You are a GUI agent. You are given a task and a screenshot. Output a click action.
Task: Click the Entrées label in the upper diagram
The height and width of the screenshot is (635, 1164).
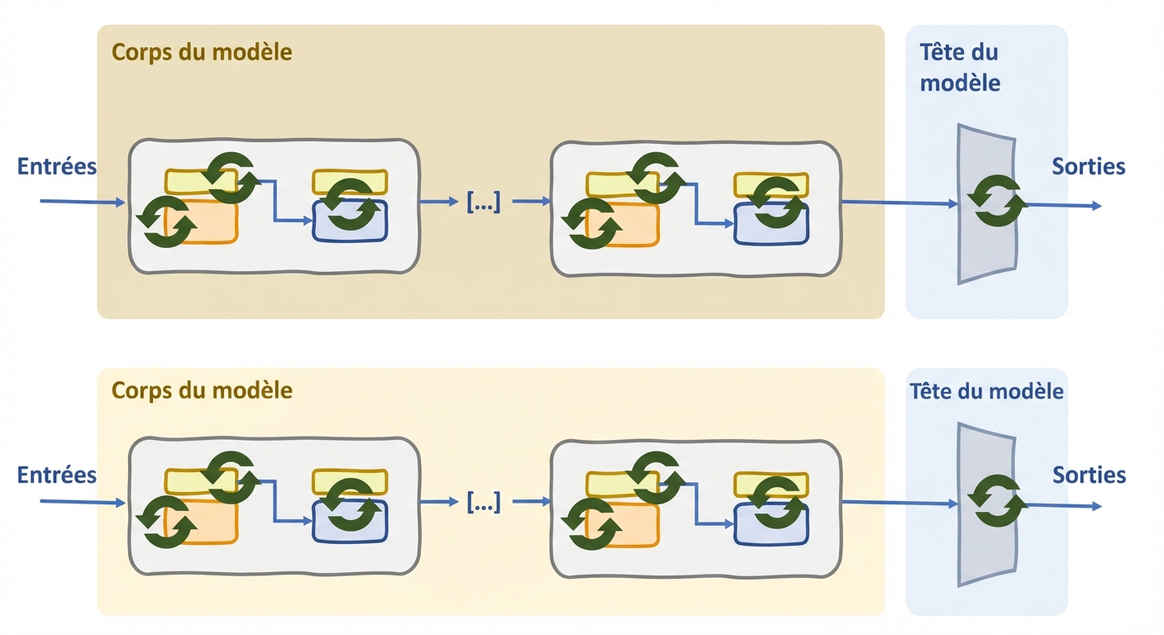click(57, 166)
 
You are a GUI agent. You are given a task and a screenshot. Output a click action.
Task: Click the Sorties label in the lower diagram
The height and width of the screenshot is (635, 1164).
click(1089, 475)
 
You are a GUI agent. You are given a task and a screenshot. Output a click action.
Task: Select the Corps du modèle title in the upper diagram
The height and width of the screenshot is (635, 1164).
click(202, 52)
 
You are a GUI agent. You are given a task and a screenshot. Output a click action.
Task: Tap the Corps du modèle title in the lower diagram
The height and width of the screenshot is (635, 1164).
click(202, 389)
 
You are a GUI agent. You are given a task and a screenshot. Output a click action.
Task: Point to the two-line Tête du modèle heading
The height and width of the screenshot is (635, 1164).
click(959, 67)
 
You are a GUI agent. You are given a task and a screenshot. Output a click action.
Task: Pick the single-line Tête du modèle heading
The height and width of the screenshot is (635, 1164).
click(986, 391)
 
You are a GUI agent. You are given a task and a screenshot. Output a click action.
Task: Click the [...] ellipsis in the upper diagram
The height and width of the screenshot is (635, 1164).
click(484, 201)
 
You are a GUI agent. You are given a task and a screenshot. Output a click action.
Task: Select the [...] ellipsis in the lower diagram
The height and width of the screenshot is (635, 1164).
click(484, 501)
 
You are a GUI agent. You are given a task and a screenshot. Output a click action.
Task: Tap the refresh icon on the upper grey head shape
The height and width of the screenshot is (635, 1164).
click(998, 200)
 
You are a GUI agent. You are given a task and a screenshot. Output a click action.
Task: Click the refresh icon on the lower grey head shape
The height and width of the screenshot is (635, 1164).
click(998, 500)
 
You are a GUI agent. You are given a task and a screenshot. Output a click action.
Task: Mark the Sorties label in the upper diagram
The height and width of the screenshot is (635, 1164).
click(1089, 166)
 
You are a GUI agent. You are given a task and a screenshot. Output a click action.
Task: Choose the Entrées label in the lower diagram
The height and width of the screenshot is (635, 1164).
click(57, 475)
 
